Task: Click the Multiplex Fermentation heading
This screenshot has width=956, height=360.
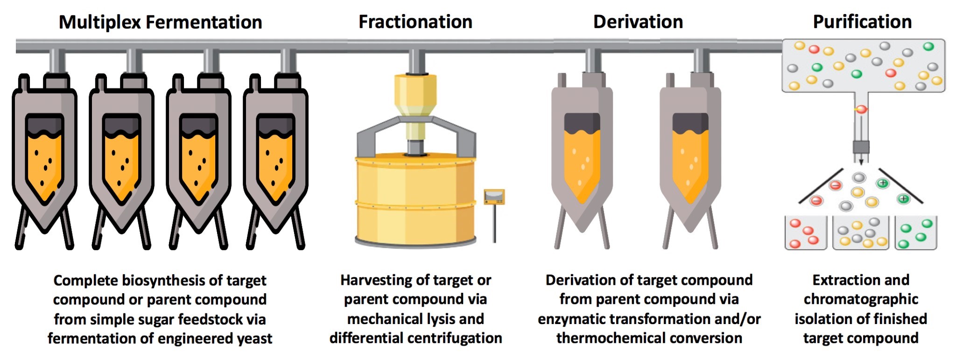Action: click(161, 22)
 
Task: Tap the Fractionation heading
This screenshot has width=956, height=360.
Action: click(415, 22)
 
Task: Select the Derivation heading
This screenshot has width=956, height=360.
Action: click(638, 22)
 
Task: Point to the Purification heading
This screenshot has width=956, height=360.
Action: click(862, 22)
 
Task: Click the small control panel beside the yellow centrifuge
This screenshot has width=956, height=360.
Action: click(494, 197)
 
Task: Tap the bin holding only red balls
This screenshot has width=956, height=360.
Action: click(806, 233)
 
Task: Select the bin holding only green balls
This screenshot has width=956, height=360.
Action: click(916, 233)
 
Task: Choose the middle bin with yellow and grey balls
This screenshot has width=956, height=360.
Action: click(861, 233)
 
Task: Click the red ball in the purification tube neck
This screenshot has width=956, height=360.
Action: click(861, 109)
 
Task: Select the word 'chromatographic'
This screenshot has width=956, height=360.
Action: click(861, 299)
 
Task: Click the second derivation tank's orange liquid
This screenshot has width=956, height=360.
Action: click(690, 163)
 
